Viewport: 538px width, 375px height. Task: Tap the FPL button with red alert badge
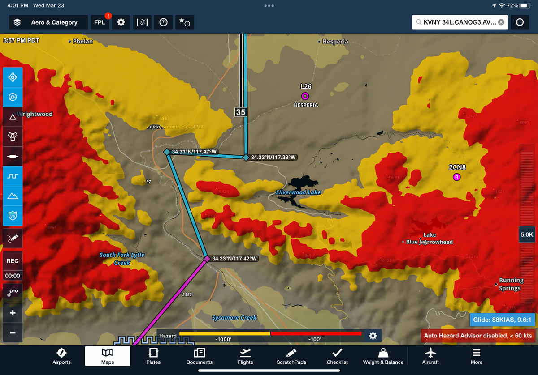point(100,22)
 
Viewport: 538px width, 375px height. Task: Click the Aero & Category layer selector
point(48,22)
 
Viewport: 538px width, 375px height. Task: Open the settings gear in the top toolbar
point(121,22)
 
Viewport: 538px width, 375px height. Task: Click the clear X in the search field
point(501,22)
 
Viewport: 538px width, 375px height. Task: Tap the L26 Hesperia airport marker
point(305,96)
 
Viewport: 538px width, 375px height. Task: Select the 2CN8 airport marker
point(457,177)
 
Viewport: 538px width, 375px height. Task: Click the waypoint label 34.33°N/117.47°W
point(194,152)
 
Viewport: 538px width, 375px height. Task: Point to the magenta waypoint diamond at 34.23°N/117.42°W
point(207,259)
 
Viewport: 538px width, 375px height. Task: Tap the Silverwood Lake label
point(298,192)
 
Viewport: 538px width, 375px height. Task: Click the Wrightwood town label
point(35,114)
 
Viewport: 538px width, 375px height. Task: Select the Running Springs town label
point(511,284)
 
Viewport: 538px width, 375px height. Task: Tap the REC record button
point(13,261)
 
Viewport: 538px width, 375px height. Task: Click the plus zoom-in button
point(13,313)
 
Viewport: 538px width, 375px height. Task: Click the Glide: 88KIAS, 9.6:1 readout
point(502,320)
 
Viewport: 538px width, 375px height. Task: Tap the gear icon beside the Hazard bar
point(373,336)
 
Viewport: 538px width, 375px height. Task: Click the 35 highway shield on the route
point(241,112)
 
